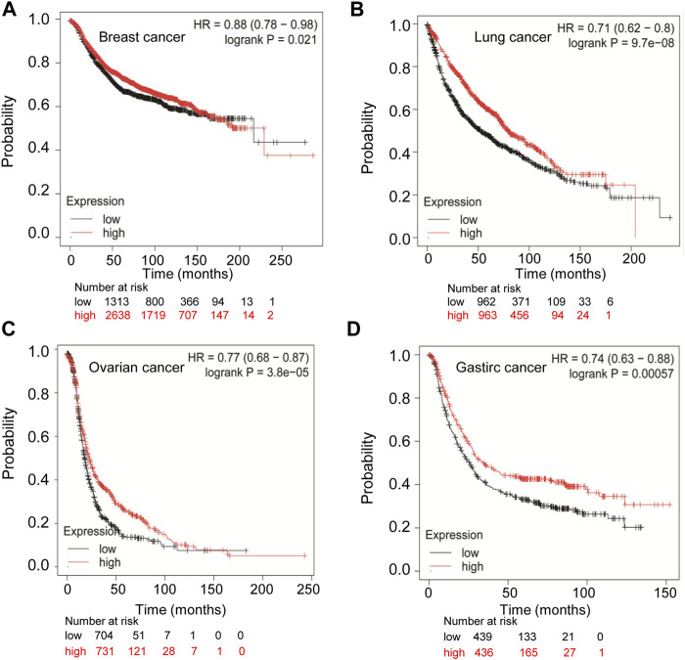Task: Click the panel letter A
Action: click(12, 12)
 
